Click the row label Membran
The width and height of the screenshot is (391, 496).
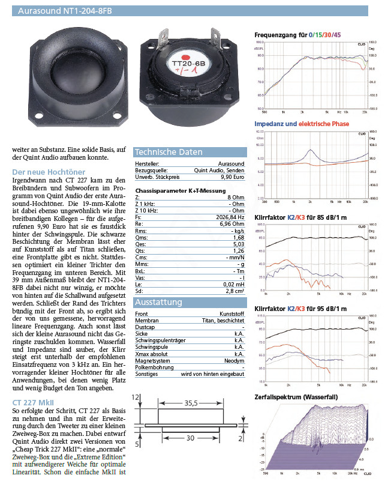coord(146,321)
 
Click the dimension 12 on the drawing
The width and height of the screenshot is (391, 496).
coord(136,397)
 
